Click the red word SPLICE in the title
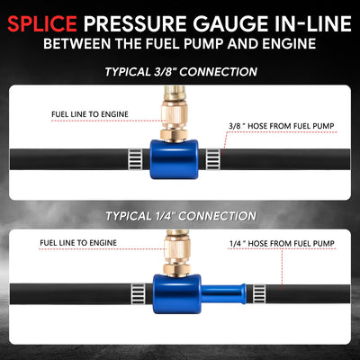pos(42,23)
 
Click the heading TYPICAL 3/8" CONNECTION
pos(181,72)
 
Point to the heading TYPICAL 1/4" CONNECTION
pos(181,216)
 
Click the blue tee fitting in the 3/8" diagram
pos(174,159)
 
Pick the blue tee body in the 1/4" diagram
pos(177,294)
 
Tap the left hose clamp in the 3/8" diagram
pos(135,159)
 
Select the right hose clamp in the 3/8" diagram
pos(213,159)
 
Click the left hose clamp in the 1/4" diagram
pos(138,294)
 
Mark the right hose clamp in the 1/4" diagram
pos(259,294)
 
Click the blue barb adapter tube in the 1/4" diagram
pos(224,294)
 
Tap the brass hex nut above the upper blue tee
pos(174,134)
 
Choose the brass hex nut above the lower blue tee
pos(176,269)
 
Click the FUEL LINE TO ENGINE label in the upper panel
pos(90,114)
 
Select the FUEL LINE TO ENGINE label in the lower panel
pos(78,243)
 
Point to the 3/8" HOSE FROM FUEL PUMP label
pos(282,126)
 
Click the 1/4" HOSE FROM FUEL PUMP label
pos(282,244)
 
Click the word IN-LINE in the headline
pos(309,23)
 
